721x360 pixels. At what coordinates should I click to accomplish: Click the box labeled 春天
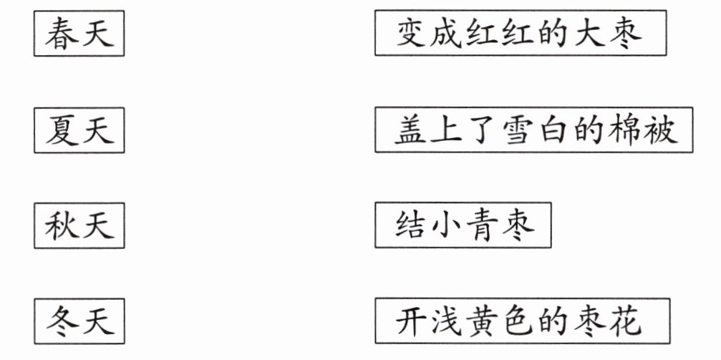[79, 34]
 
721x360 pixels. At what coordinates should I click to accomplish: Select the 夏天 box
[79, 130]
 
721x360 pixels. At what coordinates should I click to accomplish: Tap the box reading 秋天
[79, 225]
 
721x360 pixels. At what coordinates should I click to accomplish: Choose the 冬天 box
[79, 320]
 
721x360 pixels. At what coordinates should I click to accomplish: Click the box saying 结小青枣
[463, 226]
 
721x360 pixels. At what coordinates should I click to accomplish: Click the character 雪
[518, 130]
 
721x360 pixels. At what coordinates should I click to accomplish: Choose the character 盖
[412, 130]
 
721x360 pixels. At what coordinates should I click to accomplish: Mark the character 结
[412, 226]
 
